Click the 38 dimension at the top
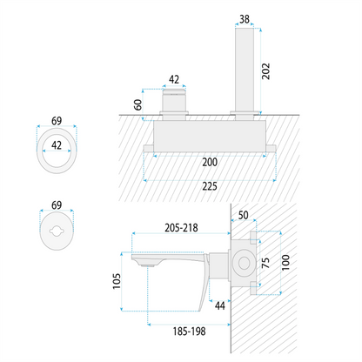click(245, 19)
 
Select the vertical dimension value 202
click(265, 71)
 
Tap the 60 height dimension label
click(138, 104)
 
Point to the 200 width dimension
click(210, 162)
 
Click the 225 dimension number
click(210, 186)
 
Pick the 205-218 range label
click(181, 228)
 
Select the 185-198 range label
click(189, 332)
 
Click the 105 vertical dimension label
click(117, 281)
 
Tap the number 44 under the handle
click(220, 305)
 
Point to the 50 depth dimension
click(243, 215)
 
